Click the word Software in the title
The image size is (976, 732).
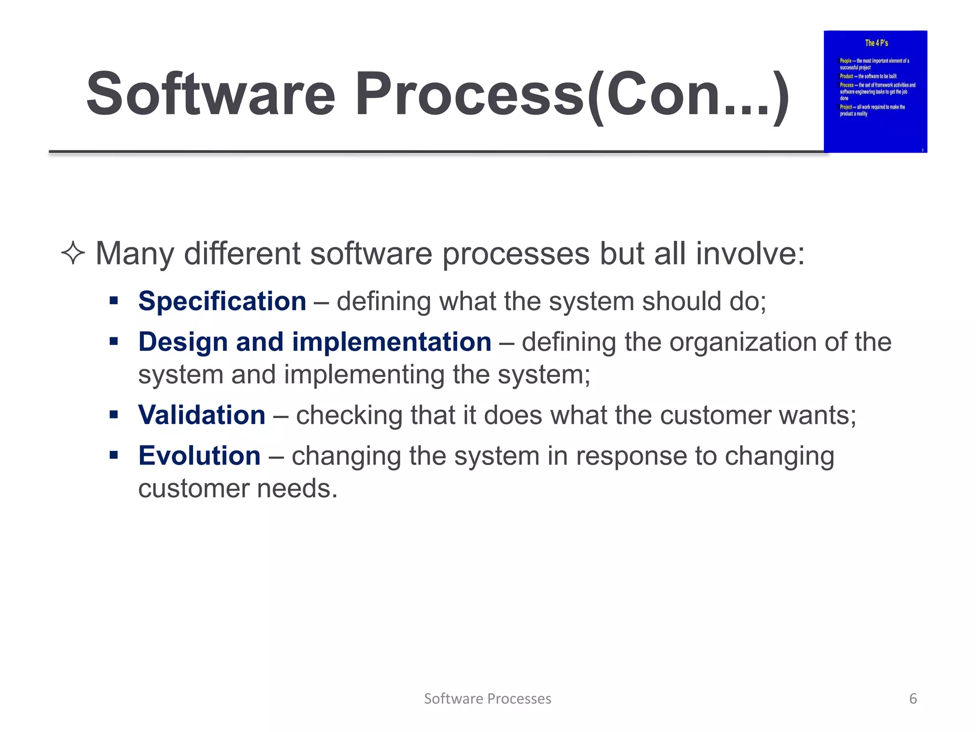211,94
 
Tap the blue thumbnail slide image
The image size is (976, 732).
875,91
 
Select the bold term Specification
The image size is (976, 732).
222,302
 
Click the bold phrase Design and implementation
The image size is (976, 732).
315,342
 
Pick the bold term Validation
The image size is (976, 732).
202,415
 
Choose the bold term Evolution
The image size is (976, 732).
199,456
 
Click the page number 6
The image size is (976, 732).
913,699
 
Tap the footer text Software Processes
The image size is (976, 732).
488,699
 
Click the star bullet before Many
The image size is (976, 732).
73,254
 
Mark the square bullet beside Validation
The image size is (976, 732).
113,415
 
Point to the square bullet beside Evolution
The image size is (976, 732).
113,455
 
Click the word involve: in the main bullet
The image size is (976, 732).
750,254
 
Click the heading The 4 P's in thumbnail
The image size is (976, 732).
876,43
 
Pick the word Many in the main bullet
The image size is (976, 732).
135,254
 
